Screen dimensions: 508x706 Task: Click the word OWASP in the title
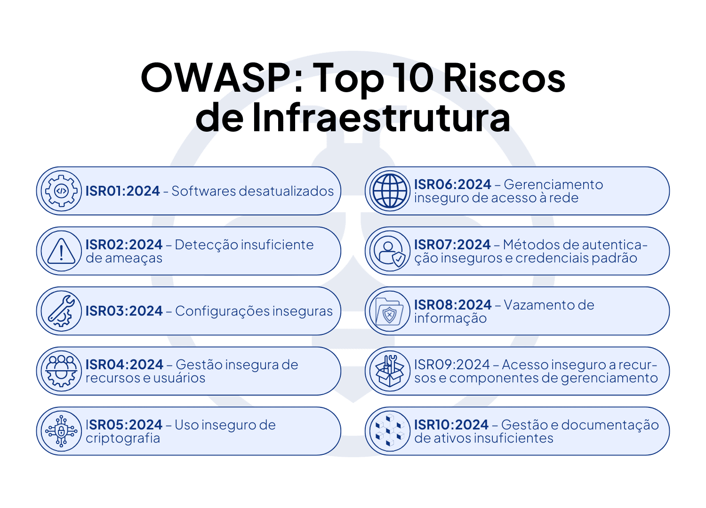(x=216, y=78)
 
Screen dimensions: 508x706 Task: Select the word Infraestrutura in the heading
(x=381, y=118)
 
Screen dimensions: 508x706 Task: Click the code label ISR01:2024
(x=123, y=191)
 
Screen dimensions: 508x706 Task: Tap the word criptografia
(x=123, y=438)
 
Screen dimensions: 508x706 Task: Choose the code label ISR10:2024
(x=451, y=425)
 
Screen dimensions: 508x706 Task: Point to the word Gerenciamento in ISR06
(x=554, y=184)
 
